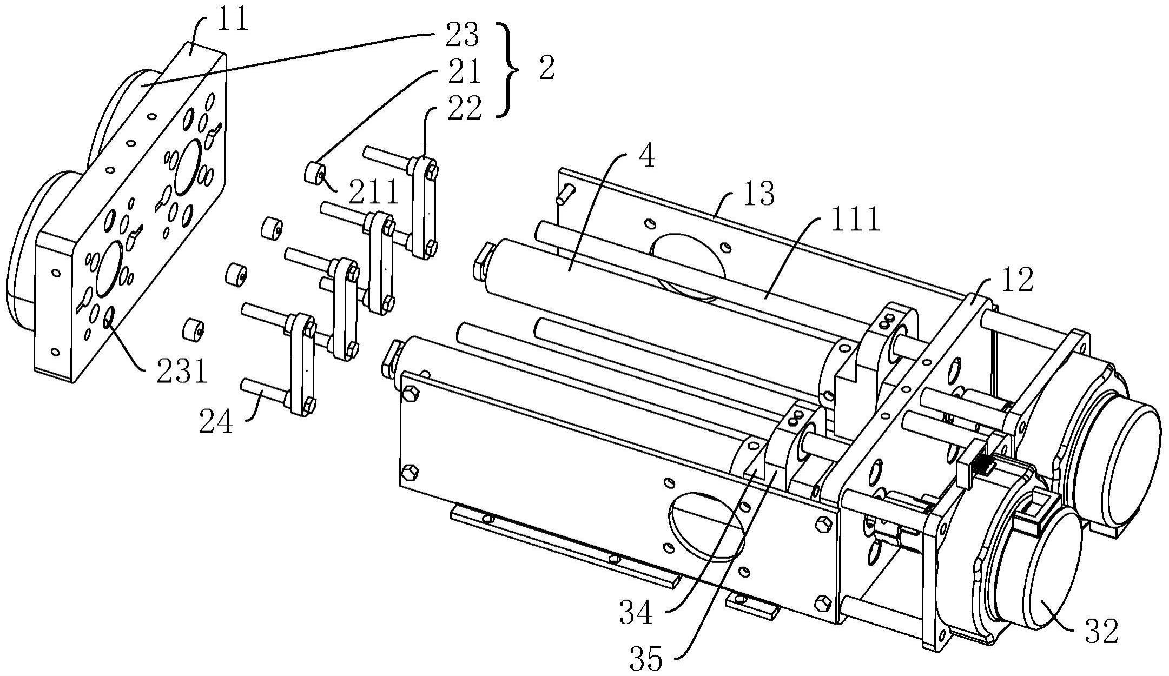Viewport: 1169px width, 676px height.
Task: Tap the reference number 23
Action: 462,36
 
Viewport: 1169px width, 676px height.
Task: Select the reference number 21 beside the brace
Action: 463,71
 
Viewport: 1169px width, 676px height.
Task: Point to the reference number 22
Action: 464,108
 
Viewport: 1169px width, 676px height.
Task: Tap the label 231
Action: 182,372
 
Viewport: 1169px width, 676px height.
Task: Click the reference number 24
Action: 216,422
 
